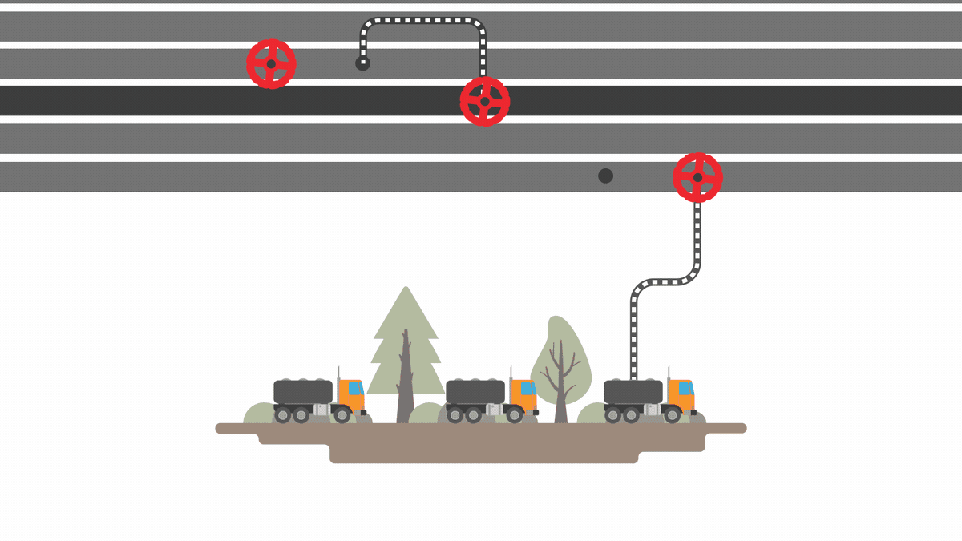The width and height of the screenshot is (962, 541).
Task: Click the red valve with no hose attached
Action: coord(271,64)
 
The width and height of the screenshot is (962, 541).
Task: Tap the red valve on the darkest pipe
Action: coord(484,102)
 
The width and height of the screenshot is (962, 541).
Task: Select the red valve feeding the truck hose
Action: coord(697,177)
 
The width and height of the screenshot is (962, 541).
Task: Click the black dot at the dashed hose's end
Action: coord(362,63)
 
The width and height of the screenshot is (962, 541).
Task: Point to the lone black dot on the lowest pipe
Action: coord(606,176)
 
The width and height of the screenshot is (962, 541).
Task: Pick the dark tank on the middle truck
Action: coord(475,391)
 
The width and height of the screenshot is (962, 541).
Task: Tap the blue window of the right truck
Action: coord(685,388)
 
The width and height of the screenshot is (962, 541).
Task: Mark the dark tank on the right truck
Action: coord(633,391)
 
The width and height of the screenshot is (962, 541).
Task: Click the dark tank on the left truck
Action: coord(302,391)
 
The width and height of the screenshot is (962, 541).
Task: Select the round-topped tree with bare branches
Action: coord(560,361)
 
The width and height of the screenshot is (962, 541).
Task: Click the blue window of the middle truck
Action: coord(527,388)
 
